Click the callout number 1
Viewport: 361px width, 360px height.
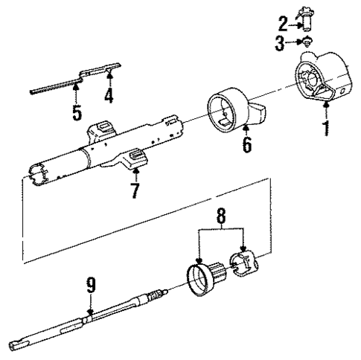pos(325,127)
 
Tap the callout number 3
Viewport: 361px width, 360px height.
pos(281,43)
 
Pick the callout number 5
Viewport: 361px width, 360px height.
pos(77,114)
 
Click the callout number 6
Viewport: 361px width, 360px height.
pos(246,142)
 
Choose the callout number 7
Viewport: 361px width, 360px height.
pos(135,190)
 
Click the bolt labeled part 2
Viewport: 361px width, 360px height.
pos(304,16)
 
